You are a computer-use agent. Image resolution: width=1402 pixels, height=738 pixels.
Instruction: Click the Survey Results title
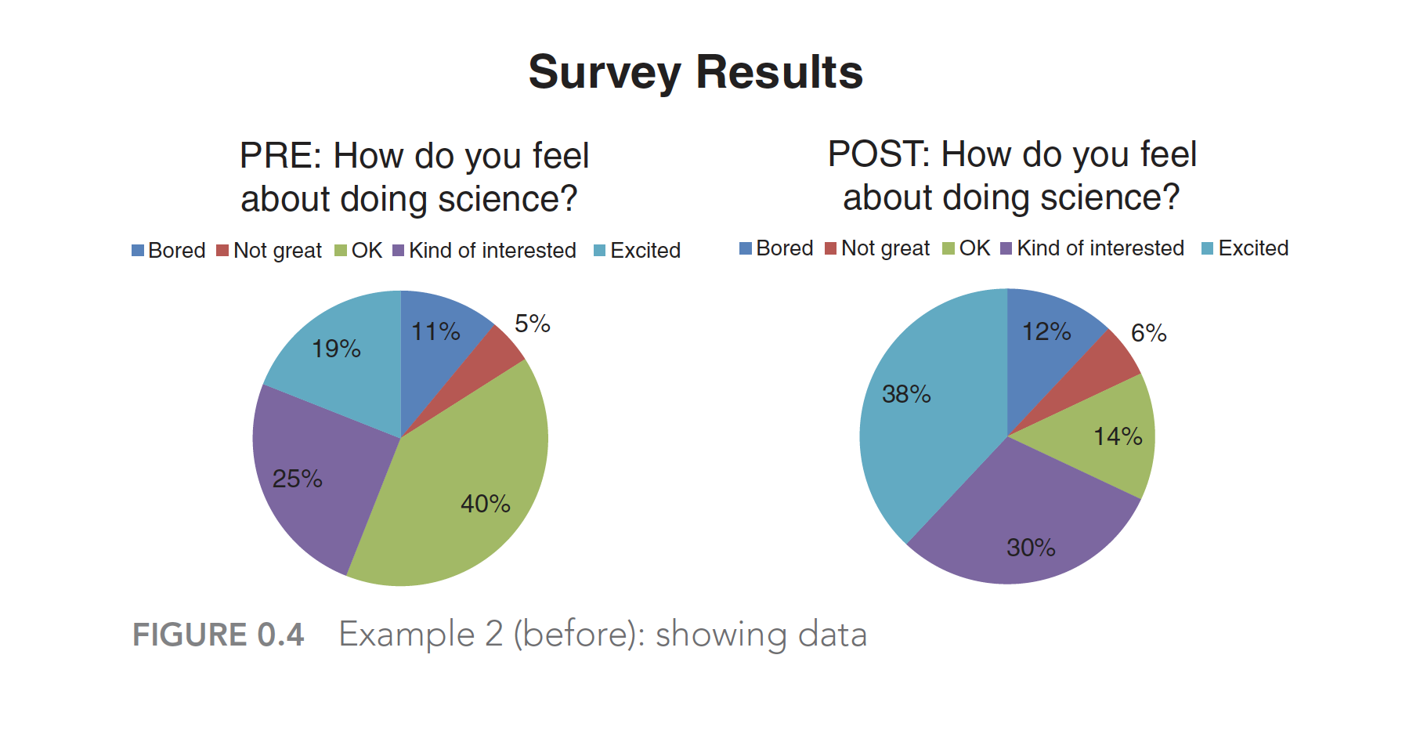pos(696,72)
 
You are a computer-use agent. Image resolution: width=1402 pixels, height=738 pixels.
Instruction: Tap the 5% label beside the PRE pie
pos(532,324)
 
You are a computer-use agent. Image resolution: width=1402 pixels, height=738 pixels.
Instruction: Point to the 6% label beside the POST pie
pos(1148,333)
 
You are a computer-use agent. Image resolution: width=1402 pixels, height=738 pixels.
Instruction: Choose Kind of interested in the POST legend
pos(1092,248)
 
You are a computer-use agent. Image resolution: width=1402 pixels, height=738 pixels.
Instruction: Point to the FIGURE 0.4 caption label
pos(218,635)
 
